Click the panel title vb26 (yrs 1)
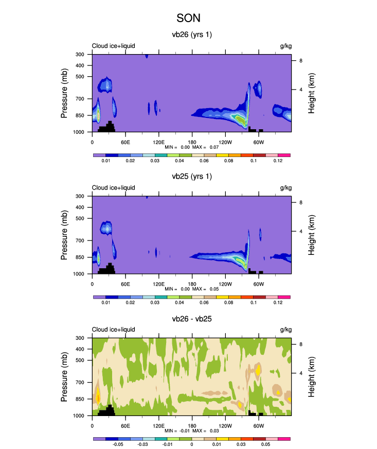[x=192, y=35]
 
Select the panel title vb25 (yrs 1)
[x=192, y=177]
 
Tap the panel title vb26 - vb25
[x=192, y=319]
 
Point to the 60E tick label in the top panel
[x=125, y=142]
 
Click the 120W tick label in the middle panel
[x=225, y=284]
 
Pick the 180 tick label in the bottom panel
[x=192, y=426]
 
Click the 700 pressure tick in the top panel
[x=80, y=98]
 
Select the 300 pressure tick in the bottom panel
[x=80, y=338]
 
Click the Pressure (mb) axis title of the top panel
[x=65, y=93]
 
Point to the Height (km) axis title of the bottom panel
[x=312, y=376]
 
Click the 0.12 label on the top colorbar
[x=278, y=161]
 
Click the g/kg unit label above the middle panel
[x=285, y=188]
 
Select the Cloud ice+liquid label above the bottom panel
[x=114, y=330]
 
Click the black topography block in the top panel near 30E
[x=108, y=128]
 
